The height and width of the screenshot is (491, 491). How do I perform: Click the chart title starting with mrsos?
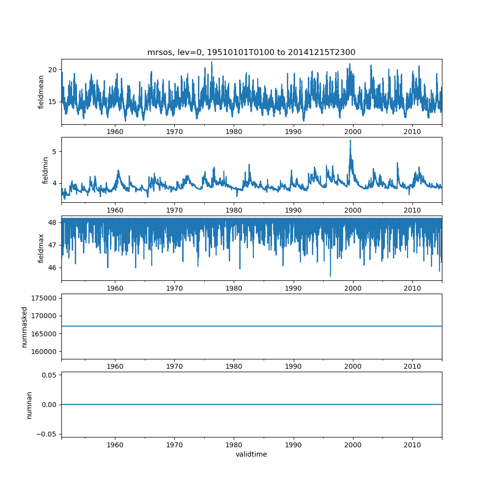(x=251, y=52)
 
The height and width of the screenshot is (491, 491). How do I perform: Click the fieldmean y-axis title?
(x=41, y=92)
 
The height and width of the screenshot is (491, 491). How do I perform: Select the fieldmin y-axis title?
(x=45, y=170)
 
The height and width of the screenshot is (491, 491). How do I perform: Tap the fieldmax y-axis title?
(x=41, y=248)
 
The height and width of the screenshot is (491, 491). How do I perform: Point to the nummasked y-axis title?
(x=24, y=327)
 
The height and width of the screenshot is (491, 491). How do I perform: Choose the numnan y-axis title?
(x=29, y=405)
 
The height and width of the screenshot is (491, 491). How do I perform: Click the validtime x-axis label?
(x=251, y=454)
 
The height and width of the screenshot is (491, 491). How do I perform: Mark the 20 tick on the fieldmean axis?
(x=53, y=69)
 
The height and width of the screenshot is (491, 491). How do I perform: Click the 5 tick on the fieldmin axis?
(x=55, y=151)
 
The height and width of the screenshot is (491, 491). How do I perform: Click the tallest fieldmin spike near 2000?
(x=350, y=140)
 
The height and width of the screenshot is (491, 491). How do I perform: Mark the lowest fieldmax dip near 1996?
(x=330, y=276)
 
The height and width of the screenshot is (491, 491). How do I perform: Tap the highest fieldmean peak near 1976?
(x=212, y=62)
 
